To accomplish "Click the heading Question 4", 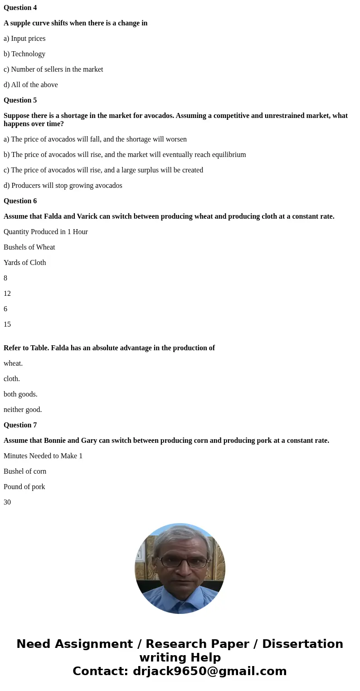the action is click(20, 8).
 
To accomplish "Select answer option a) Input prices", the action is click(24, 39).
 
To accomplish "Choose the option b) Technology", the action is click(24, 54).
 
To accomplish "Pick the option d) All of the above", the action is click(31, 85).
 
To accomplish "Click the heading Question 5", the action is click(20, 100).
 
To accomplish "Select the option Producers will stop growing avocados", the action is click(63, 186).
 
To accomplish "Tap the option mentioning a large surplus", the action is click(103, 170).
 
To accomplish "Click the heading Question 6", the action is click(20, 201).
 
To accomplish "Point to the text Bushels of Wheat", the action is click(29, 247).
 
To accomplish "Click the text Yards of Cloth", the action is click(25, 263).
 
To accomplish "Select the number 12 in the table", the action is click(7, 294).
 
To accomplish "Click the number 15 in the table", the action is click(7, 324).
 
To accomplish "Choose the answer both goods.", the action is click(20, 394).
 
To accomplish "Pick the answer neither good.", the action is click(23, 410).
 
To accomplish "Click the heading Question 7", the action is click(20, 425).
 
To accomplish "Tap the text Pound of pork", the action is click(24, 487).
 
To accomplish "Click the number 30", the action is click(7, 502).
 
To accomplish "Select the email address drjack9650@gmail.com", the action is click(209, 671).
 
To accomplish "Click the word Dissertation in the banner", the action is click(302, 644).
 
